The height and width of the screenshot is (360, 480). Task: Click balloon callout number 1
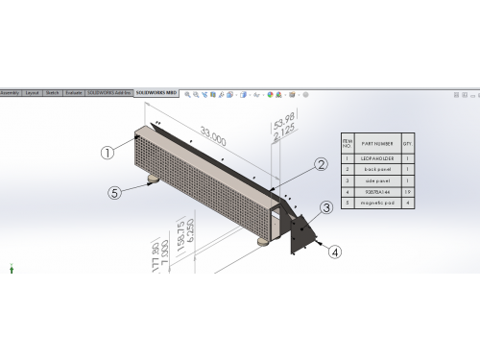(108, 152)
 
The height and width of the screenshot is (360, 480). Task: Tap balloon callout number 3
(326, 206)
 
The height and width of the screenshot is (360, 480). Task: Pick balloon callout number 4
(334, 252)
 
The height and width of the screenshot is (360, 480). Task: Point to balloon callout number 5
(114, 191)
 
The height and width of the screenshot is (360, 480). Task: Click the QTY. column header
(408, 141)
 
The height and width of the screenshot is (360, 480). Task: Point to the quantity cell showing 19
(408, 192)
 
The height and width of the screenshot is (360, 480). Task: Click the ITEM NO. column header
(348, 141)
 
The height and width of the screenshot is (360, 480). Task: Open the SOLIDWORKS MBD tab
(156, 93)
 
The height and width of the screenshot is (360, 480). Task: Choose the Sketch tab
(53, 93)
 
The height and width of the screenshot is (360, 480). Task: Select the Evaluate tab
(73, 93)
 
